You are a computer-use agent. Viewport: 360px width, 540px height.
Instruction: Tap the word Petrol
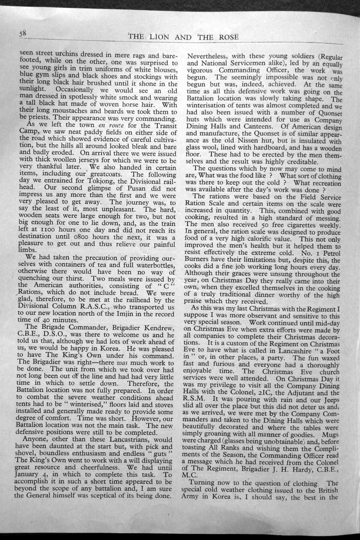[327, 253]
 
